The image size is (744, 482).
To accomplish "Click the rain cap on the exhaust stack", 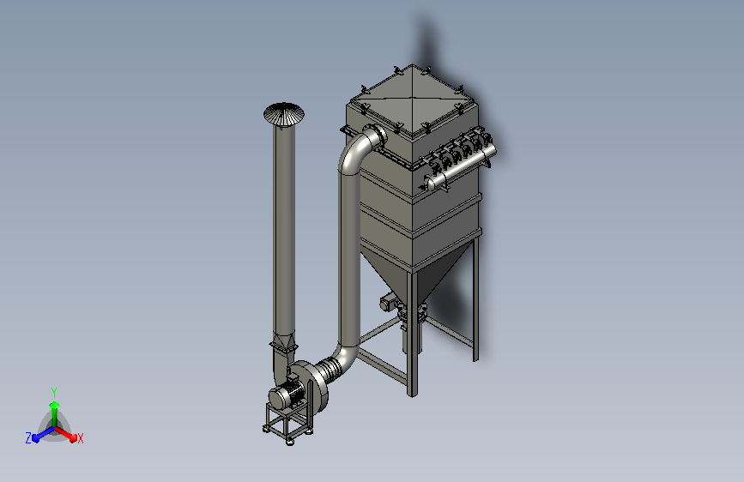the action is (x=284, y=114).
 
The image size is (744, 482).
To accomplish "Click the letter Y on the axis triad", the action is (x=54, y=392).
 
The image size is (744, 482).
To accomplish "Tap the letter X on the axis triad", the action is (x=80, y=439).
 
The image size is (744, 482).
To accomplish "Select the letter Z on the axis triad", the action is (x=28, y=438).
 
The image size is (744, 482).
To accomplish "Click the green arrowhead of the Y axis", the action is (x=54, y=406).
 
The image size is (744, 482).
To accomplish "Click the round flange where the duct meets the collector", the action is (x=378, y=136).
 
